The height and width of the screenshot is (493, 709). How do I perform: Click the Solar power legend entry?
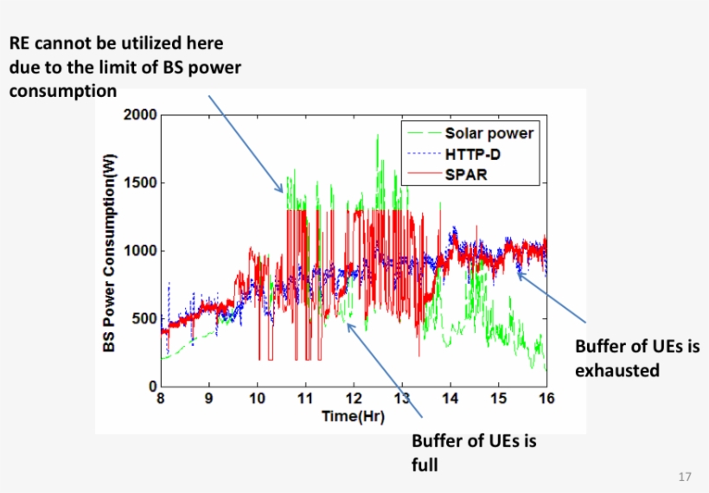[x=489, y=133]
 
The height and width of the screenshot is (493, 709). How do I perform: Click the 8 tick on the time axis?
[x=160, y=399]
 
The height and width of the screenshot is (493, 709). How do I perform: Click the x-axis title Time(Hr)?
[x=353, y=416]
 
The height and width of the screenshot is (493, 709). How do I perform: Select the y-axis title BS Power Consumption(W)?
[x=110, y=251]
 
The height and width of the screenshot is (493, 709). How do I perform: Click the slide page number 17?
[x=686, y=477]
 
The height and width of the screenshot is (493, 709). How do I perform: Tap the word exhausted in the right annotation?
[x=617, y=370]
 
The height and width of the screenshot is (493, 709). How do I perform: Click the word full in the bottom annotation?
[x=425, y=464]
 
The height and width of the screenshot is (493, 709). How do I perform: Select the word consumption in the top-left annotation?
[x=62, y=90]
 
